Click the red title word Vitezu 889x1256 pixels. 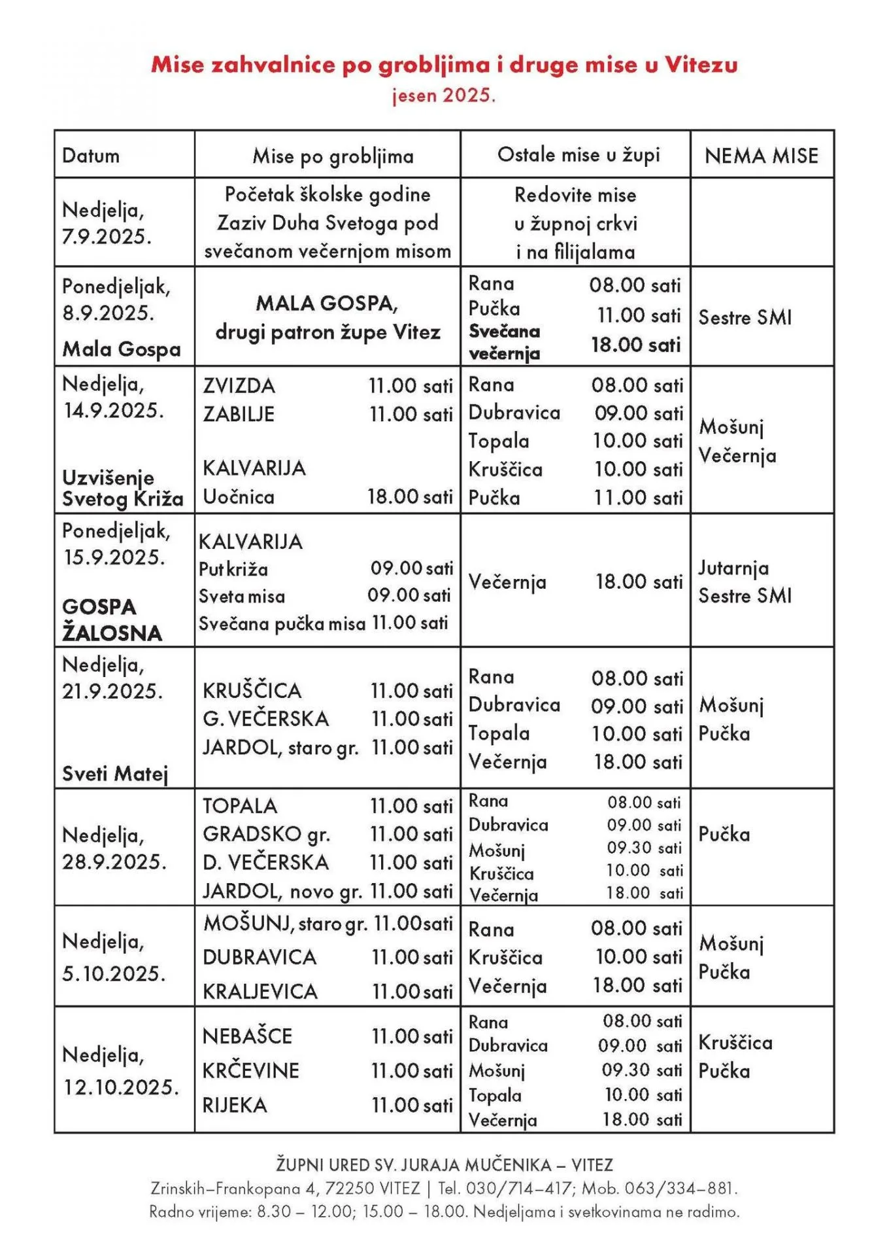tap(701, 65)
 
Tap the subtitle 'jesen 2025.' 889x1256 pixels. tap(444, 96)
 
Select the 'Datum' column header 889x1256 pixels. tap(91, 156)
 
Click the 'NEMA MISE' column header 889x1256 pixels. tap(762, 156)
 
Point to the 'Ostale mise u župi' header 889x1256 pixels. tap(579, 155)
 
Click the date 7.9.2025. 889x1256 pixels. tap(107, 236)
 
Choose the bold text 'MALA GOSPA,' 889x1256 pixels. tap(327, 304)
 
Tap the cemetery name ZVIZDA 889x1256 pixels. tap(239, 385)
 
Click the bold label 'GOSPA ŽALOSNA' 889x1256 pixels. tap(112, 619)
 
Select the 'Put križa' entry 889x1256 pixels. tap(233, 569)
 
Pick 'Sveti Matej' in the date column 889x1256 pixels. tap(115, 774)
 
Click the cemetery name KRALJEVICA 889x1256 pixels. tap(260, 992)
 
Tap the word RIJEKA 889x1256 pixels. tap(235, 1106)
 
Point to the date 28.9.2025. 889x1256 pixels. tap(114, 862)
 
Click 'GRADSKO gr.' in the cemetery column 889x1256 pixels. tap(266, 834)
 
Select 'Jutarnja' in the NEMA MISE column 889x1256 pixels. tap(733, 568)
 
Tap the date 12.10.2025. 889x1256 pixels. tap(121, 1087)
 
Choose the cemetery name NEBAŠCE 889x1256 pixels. tap(247, 1036)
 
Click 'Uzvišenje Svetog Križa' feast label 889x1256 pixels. tap(122, 488)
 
